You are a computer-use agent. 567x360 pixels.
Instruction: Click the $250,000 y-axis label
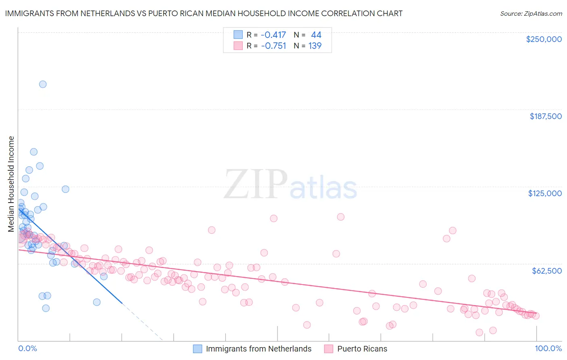544,39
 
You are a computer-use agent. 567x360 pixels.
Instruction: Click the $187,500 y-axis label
546,116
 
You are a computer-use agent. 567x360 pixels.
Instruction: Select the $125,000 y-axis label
545,193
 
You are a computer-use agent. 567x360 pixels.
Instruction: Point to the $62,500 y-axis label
547,271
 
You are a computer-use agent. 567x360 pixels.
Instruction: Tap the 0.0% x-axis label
27,349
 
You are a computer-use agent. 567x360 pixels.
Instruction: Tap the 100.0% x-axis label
548,349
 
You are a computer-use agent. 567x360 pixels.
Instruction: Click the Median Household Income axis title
11,184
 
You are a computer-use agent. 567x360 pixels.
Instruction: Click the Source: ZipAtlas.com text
531,14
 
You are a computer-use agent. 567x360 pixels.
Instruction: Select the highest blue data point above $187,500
43,84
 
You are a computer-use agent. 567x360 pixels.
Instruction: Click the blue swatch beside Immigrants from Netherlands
197,349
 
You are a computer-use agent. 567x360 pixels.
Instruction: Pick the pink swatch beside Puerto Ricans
329,349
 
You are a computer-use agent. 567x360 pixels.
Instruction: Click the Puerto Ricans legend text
362,349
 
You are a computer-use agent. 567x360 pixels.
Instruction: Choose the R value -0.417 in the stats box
273,35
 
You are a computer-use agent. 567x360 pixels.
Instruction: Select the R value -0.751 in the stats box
273,46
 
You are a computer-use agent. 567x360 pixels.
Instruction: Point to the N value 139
315,46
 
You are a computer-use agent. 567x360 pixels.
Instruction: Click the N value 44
316,35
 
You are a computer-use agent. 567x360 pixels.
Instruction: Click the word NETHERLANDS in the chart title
107,14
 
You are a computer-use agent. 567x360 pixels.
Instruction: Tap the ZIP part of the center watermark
256,185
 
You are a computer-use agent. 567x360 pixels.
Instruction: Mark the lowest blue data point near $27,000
46,308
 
